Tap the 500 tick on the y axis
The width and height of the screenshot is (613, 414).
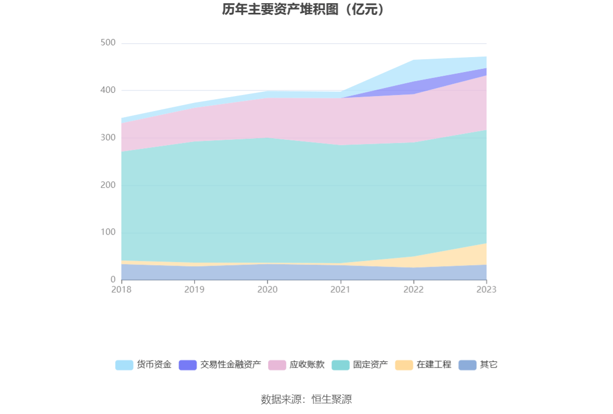point(108,43)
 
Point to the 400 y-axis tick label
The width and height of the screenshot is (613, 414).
point(108,91)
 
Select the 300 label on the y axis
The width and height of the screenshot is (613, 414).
point(108,138)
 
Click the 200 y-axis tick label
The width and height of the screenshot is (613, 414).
point(108,185)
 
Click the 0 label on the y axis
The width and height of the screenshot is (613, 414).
point(113,280)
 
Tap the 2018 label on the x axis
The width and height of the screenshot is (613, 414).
point(122,290)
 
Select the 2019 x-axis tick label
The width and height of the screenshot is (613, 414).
point(194,290)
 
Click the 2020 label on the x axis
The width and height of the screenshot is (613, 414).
point(268,290)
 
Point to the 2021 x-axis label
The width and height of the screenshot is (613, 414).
point(341,290)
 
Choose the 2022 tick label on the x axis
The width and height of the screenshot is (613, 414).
point(413,290)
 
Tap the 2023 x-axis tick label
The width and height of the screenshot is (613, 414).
point(486,290)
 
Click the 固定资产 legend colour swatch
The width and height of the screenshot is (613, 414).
point(341,365)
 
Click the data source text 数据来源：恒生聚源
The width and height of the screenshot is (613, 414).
point(306,400)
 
